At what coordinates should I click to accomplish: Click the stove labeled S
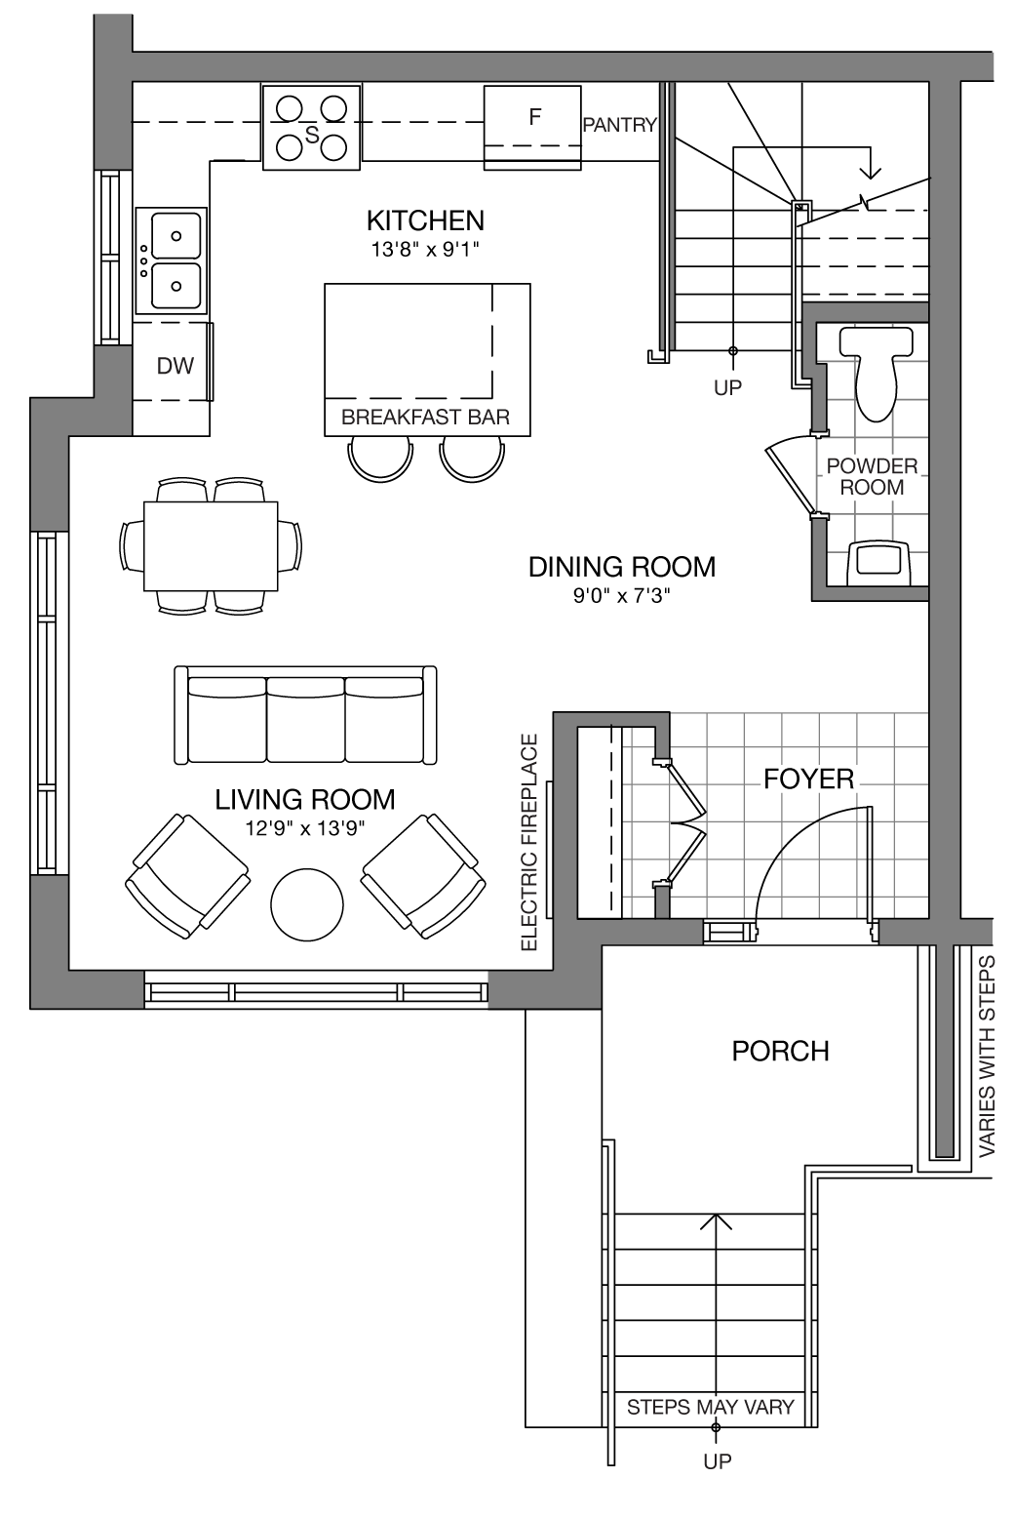(x=312, y=128)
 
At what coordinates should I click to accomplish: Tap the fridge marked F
(x=532, y=128)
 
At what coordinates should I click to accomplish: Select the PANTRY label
(x=620, y=125)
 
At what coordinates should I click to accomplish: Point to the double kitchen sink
(x=172, y=260)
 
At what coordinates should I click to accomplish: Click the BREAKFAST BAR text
(x=425, y=418)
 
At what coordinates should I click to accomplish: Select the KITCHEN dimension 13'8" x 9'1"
(x=425, y=250)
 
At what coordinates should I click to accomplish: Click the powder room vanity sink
(x=877, y=562)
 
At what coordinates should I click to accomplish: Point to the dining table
(x=211, y=546)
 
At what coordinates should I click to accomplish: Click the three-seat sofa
(x=305, y=716)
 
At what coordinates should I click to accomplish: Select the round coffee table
(x=307, y=904)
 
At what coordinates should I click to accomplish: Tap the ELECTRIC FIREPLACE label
(x=529, y=842)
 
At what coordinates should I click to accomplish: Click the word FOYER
(x=808, y=779)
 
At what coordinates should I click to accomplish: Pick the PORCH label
(x=780, y=1051)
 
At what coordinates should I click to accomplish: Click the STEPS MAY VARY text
(x=711, y=1408)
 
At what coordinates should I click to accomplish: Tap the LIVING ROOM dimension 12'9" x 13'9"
(x=305, y=828)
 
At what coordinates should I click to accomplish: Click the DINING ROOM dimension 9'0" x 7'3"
(x=622, y=596)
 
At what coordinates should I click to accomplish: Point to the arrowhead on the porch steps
(x=716, y=1220)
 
